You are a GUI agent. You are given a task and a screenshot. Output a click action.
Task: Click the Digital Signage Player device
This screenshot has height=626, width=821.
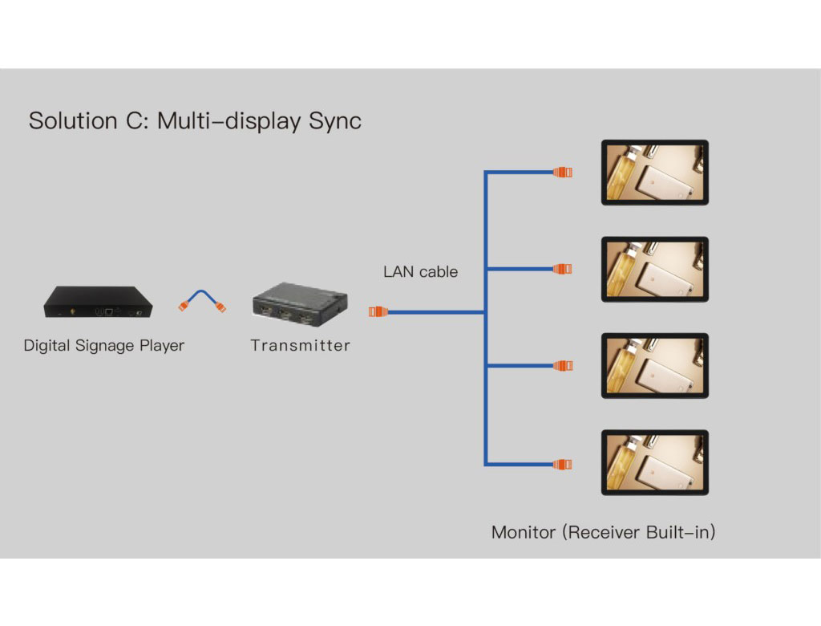pos(98,301)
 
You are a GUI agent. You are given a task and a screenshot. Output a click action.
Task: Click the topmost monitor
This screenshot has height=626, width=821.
pos(655,173)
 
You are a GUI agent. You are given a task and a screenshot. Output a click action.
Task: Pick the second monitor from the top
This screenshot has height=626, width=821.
pos(655,269)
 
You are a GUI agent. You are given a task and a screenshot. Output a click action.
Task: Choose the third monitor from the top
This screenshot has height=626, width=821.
pos(655,366)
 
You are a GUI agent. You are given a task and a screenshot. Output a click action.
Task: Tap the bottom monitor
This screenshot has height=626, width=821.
pos(655,462)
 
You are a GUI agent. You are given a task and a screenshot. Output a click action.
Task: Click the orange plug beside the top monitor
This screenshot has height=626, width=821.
pos(563,172)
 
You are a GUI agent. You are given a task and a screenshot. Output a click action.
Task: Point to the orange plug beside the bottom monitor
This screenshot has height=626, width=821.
pos(563,463)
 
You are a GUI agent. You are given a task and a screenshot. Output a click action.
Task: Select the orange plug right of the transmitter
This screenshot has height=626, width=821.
pos(377,311)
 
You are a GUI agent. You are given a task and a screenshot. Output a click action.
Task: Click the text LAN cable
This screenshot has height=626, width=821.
pos(420,272)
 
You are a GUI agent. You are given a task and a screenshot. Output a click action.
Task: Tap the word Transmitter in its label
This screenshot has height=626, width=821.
pos(300,346)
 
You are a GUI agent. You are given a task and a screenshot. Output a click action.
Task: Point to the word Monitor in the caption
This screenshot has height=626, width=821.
pos(524,532)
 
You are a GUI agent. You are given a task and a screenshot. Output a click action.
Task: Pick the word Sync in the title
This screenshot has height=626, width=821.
pos(334,121)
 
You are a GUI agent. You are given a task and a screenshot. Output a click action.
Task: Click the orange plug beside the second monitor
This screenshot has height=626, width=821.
pos(563,269)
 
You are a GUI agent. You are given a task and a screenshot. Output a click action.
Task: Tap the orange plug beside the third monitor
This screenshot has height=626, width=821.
pos(563,366)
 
